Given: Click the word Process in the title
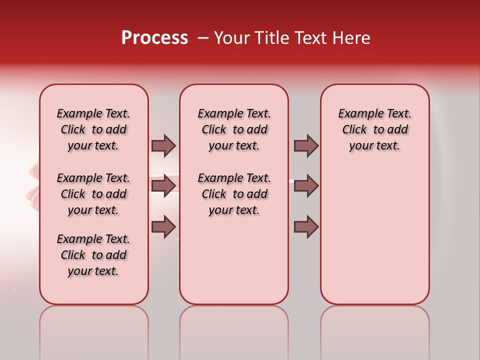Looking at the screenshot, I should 154,38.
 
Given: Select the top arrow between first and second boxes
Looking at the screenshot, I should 163,145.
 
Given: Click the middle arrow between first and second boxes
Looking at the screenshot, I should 163,185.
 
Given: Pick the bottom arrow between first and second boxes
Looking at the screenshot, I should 163,226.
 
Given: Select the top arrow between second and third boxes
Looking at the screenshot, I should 306,145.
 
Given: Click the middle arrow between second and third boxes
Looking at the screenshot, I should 306,185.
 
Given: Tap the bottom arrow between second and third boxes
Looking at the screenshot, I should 306,226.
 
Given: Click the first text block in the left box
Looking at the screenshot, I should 93,129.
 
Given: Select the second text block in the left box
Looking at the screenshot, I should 93,194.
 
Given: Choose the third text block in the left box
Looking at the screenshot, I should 93,255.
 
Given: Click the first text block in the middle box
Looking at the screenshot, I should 234,129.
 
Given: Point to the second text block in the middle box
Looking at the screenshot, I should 234,194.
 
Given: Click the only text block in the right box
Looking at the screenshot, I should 374,129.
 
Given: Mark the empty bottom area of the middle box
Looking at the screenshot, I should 234,265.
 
